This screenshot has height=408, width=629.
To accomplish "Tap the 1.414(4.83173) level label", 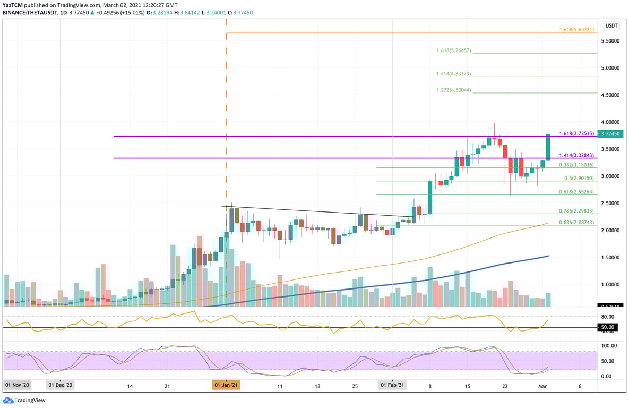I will click(453, 74).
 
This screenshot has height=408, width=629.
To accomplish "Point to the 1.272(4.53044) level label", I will click(453, 90).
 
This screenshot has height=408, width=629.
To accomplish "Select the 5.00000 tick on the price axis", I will click(611, 68).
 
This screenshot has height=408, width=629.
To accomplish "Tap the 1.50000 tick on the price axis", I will click(611, 258).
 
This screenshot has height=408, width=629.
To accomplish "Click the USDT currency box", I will click(611, 25).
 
